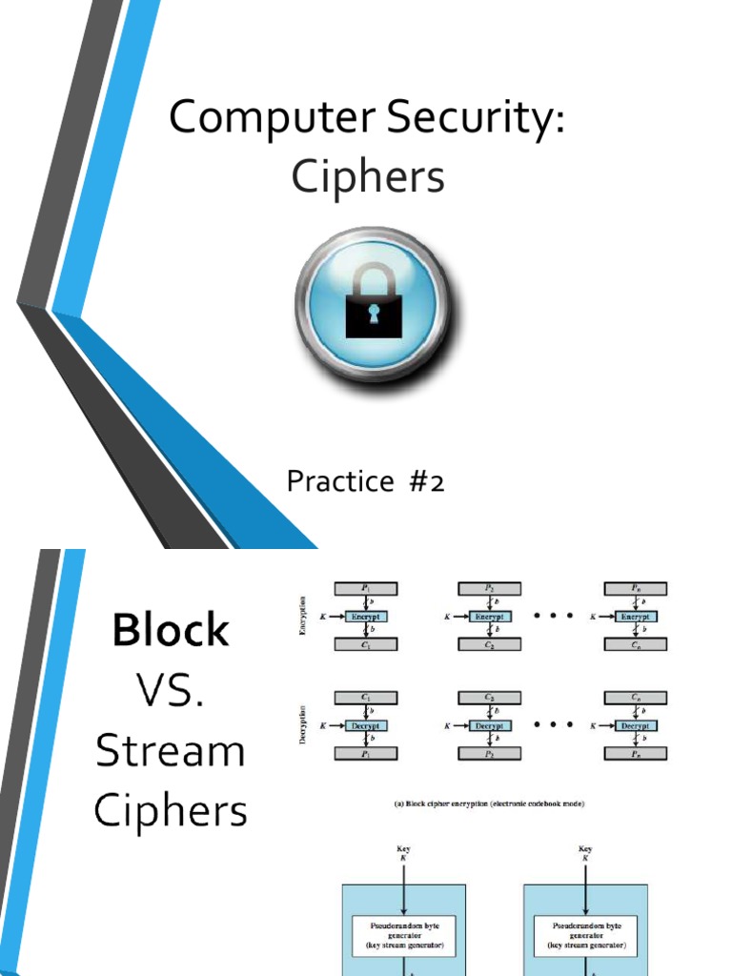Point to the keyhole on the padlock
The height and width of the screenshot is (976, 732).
pos(373,315)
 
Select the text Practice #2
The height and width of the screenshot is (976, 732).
pos(366,482)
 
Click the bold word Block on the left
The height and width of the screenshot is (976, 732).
pos(172,630)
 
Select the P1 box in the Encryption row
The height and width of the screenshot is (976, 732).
pos(365,589)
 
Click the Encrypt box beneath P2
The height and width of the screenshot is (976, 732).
pos(490,617)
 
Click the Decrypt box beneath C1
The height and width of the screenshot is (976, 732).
pos(365,725)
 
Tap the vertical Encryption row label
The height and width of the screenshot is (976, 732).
pos(304,617)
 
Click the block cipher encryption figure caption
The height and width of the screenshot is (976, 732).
pos(490,803)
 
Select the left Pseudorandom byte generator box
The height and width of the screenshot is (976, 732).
pos(404,925)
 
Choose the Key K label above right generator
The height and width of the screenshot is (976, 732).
pos(585,853)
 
